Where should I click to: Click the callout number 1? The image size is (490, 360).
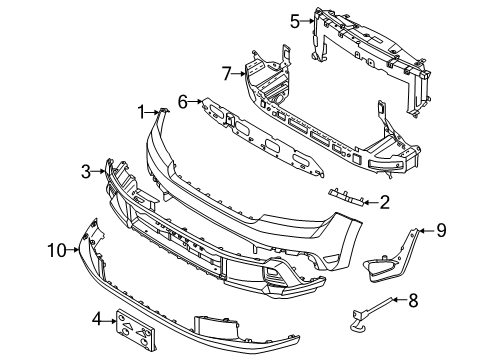click(143, 111)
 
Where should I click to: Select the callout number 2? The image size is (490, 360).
click(384, 203)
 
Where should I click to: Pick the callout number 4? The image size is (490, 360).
click(96, 320)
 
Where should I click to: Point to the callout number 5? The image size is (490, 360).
click(295, 19)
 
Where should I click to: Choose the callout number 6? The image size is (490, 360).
click(183, 101)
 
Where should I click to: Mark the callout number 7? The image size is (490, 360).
click(226, 72)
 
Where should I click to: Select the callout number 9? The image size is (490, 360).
click(441, 231)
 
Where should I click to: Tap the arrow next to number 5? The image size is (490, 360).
click(308, 19)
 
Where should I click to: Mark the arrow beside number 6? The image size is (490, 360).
click(196, 101)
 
